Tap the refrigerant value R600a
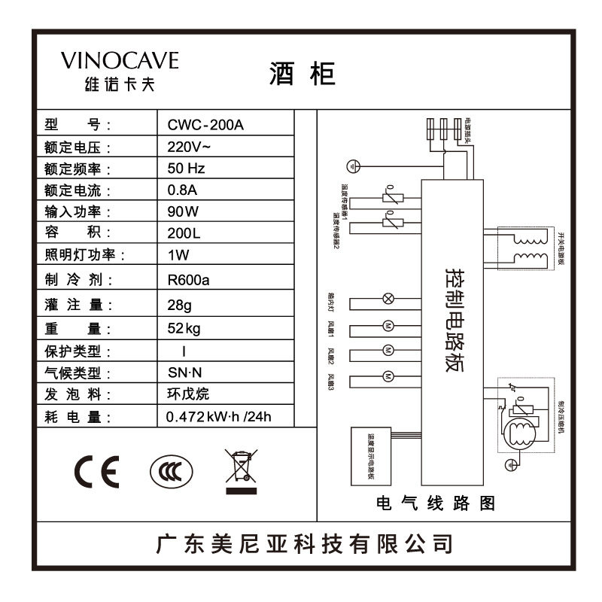[189, 280]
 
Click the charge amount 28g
[181, 306]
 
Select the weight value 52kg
[184, 328]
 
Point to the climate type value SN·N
[184, 372]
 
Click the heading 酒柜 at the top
[301, 74]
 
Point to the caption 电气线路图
[436, 503]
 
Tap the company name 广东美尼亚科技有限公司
[304, 543]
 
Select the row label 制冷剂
[78, 280]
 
